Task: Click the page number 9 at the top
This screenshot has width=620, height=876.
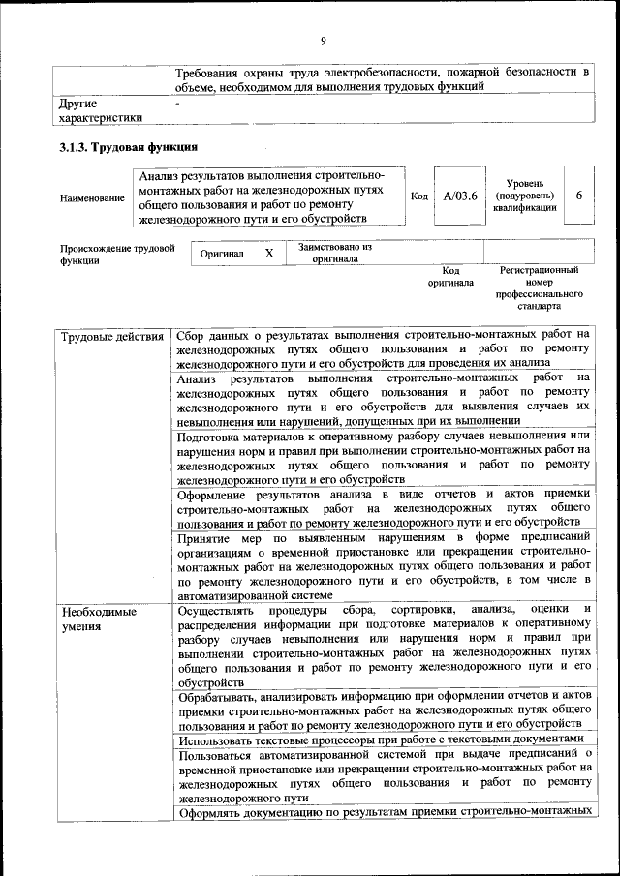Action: [324, 40]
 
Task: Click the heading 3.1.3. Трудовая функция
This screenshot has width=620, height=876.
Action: [129, 148]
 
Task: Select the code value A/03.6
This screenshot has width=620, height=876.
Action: [460, 196]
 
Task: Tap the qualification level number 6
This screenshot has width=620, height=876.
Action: [578, 196]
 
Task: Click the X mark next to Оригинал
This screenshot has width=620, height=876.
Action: [269, 253]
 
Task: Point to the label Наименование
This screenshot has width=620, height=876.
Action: [92, 198]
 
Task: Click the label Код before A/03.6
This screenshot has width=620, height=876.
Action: [419, 196]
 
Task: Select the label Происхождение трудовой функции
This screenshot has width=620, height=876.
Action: [116, 254]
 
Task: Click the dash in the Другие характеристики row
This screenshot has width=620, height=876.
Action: [178, 102]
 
